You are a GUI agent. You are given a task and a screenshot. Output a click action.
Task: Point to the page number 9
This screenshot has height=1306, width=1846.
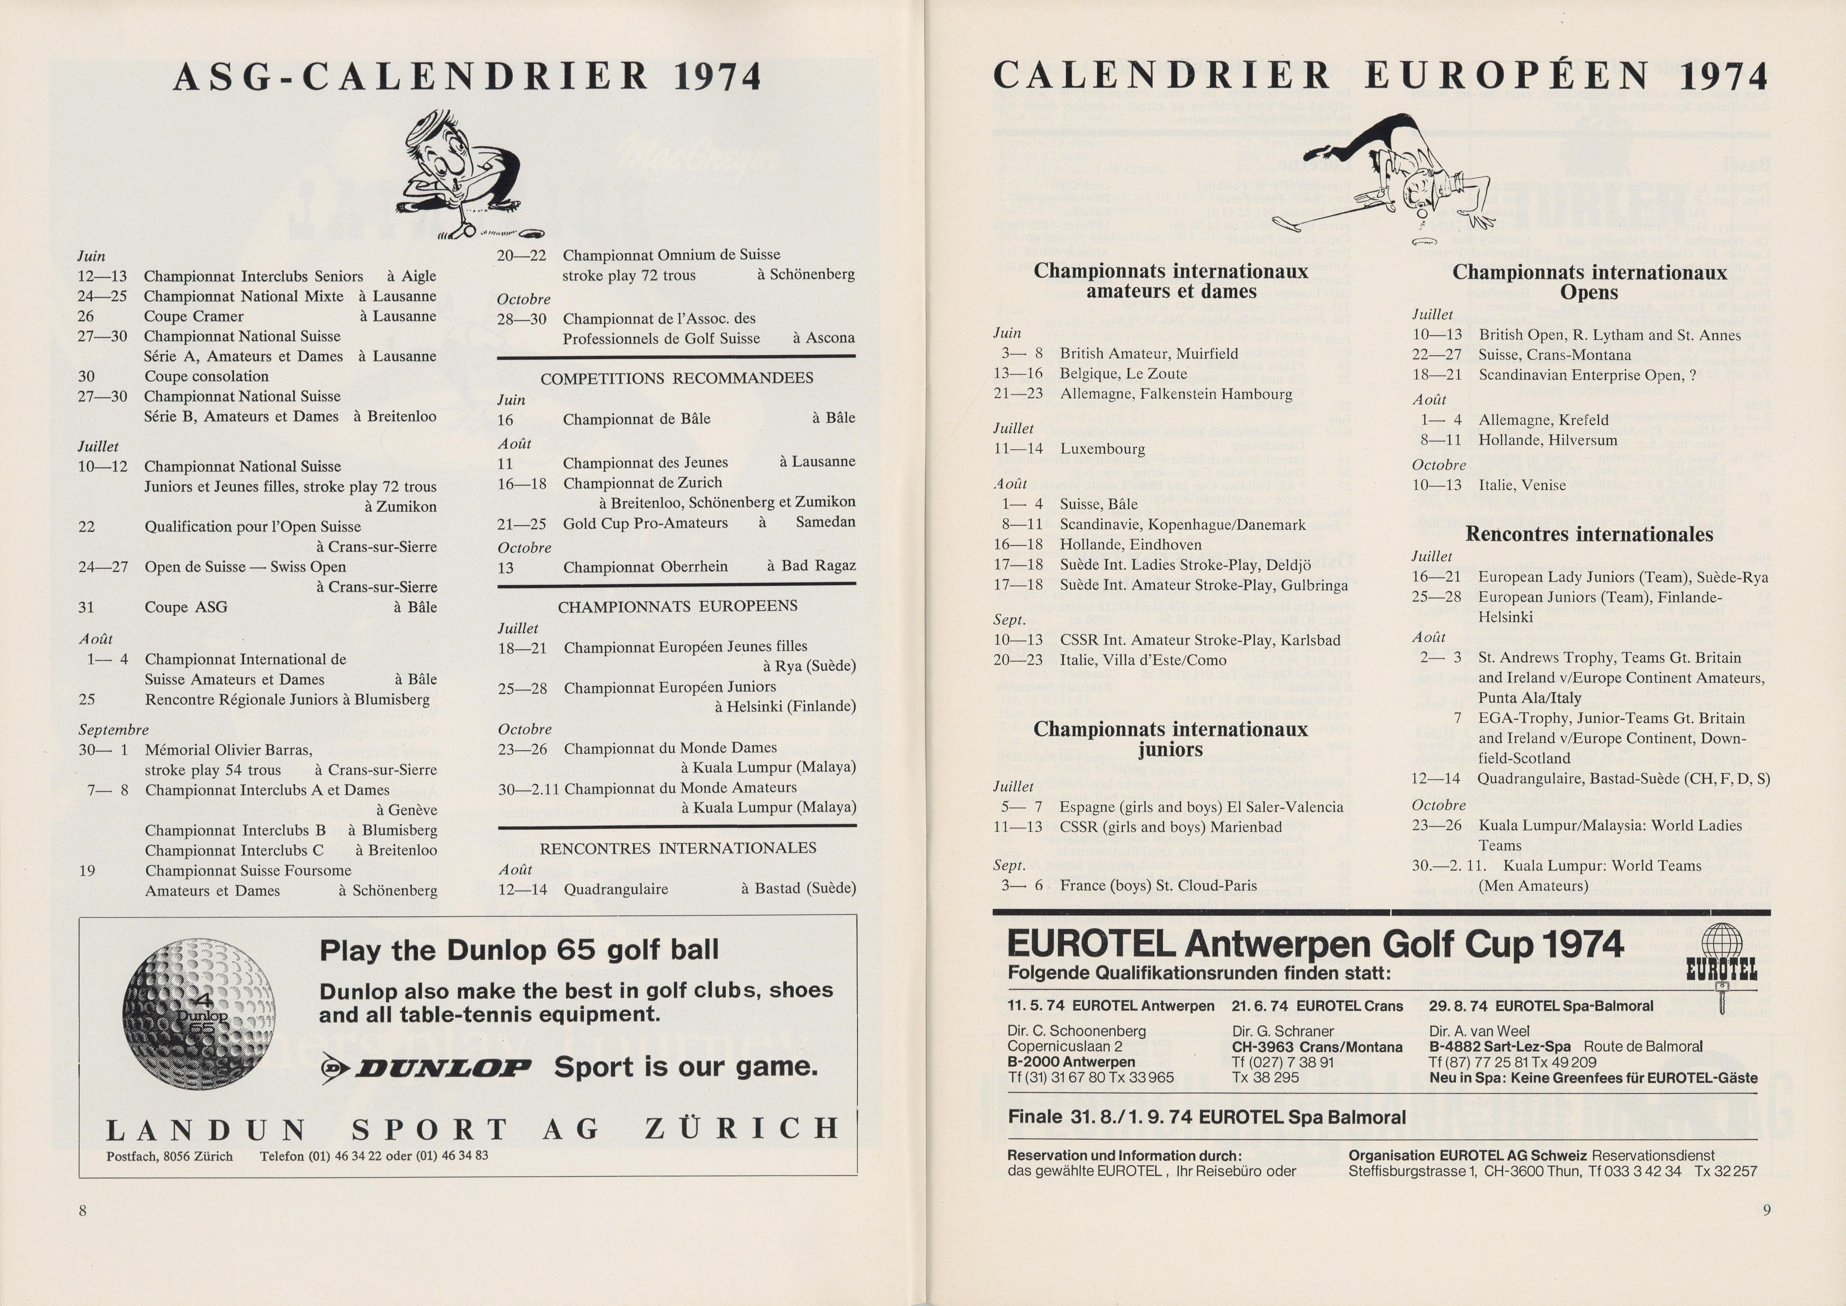click(x=1766, y=1209)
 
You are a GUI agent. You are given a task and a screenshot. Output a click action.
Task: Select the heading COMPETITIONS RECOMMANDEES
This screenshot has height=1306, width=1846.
click(x=676, y=378)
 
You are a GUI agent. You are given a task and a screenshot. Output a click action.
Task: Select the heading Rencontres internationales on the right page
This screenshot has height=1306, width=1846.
click(x=1589, y=534)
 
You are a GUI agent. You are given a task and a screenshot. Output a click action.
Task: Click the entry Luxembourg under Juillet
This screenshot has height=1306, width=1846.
click(x=1102, y=449)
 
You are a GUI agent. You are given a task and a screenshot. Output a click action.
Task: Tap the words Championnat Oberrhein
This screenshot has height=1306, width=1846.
click(x=645, y=567)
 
